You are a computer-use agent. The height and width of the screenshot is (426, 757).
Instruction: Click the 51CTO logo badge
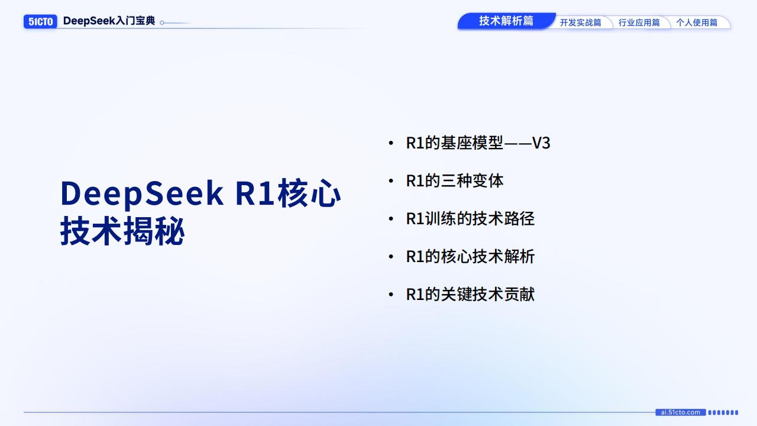point(40,21)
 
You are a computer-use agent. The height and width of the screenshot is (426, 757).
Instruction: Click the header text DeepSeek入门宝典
point(109,21)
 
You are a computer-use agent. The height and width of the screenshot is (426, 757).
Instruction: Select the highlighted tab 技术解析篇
point(506,21)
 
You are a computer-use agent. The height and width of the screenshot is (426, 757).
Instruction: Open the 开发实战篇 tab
point(580,22)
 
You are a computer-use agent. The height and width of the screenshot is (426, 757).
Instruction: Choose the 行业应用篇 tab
point(639,22)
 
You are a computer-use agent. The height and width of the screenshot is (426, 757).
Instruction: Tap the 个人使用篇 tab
point(697,22)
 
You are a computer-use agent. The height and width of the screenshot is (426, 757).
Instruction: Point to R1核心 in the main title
point(288,193)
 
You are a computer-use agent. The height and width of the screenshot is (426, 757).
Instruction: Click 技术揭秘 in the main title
point(122,231)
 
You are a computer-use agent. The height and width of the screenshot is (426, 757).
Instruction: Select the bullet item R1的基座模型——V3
point(478,143)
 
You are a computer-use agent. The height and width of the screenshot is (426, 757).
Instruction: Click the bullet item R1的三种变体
point(454,181)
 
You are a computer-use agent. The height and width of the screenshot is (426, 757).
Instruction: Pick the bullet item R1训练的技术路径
point(470,219)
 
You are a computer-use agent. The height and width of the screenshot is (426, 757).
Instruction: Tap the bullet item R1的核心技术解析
point(470,257)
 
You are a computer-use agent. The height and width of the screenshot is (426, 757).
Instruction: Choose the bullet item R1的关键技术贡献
point(470,295)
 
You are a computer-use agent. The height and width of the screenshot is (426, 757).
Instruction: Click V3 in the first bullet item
point(541,143)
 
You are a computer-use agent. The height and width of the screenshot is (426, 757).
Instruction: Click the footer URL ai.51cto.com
point(680,412)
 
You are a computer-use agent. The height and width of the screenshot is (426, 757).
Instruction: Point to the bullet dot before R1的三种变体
point(390,181)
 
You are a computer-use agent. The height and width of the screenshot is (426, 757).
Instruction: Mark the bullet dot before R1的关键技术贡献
point(390,295)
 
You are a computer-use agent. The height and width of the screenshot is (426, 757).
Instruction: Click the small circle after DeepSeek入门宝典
point(162,23)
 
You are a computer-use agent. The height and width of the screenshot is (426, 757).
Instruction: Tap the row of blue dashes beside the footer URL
point(723,412)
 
